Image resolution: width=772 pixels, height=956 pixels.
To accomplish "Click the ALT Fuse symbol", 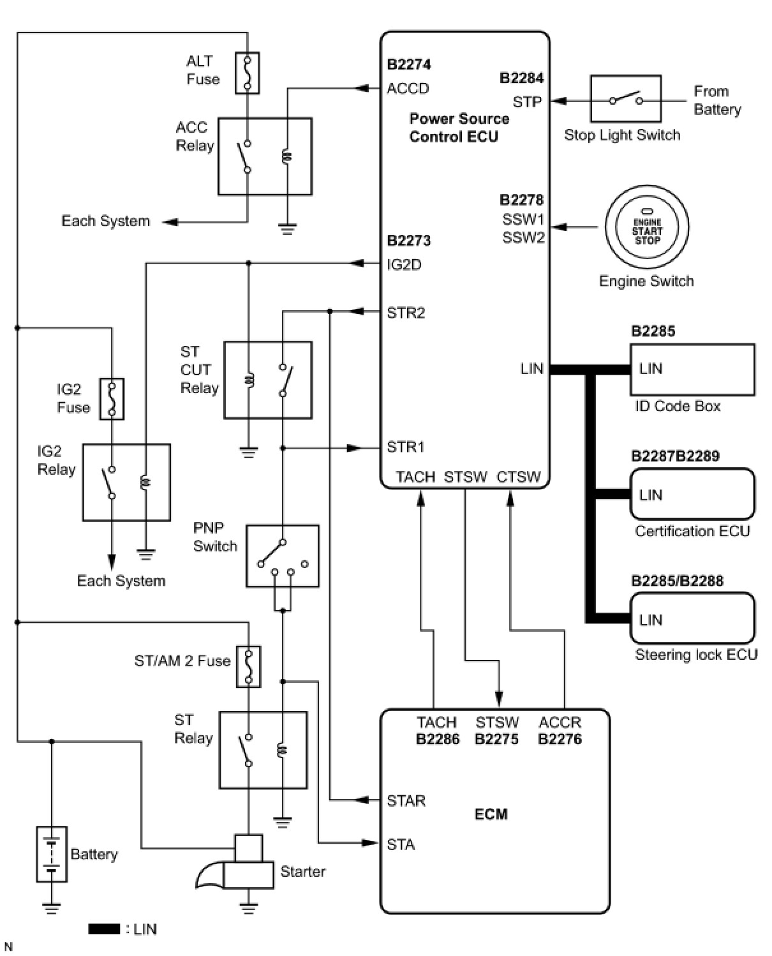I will (x=248, y=73).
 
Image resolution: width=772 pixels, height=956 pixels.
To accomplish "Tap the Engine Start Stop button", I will (x=647, y=227).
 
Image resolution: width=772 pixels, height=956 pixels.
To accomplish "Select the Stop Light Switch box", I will (x=625, y=99).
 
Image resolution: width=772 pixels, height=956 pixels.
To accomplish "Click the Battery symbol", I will (x=52, y=855).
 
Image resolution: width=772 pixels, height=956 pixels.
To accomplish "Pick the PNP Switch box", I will (x=283, y=556).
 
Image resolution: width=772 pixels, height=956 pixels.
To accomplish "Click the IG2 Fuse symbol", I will (x=112, y=400).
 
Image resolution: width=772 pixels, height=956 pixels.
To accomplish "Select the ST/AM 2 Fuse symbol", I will (x=249, y=667).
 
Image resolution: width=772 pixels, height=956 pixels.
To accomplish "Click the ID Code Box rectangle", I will (x=692, y=370).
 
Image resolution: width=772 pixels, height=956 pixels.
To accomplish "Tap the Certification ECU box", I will (x=692, y=495).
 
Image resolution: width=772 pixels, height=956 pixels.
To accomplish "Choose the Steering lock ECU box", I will (x=692, y=619).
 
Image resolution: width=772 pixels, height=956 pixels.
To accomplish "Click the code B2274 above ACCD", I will (x=409, y=64).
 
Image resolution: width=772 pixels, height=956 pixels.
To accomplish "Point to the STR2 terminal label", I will (x=406, y=313).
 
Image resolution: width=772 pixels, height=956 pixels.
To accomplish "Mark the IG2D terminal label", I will (x=404, y=265).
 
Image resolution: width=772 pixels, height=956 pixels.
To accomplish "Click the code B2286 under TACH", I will (x=438, y=739).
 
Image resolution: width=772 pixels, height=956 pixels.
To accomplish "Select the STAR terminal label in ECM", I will (x=406, y=801).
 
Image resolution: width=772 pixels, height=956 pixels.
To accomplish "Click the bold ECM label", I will (x=491, y=814).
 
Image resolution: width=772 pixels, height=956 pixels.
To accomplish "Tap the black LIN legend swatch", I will (x=104, y=929).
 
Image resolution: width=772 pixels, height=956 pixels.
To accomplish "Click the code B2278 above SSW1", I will (x=521, y=200).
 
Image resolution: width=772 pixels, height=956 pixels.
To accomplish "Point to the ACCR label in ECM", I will (x=560, y=722).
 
